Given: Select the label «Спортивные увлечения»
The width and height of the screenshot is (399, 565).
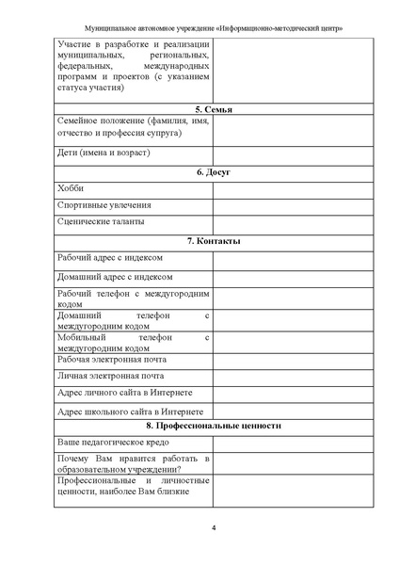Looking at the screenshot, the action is point(104,204).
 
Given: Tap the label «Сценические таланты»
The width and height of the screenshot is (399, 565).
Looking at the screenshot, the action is point(101,222).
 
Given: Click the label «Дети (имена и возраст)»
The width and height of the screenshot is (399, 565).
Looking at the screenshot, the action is point(104,153).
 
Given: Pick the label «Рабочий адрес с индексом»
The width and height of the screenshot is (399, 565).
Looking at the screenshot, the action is point(110,258).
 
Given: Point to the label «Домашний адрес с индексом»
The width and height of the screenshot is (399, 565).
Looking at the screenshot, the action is point(115,277).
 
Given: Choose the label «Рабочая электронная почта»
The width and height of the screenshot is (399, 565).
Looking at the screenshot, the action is point(112,359).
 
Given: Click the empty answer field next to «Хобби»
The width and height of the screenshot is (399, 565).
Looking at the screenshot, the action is point(278,188).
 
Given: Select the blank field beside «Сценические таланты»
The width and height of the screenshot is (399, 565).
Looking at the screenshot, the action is point(278,222).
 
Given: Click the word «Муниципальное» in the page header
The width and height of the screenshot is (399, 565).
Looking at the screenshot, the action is point(111,28).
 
